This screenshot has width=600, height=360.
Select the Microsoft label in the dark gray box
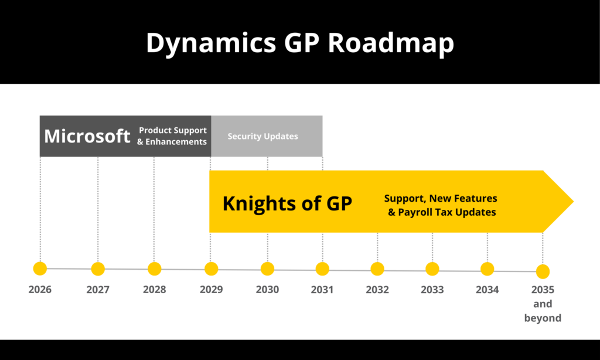point(87,136)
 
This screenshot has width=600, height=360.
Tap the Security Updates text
point(262,136)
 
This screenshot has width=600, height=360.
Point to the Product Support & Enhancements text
point(172,136)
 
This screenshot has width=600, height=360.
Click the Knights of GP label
point(287,203)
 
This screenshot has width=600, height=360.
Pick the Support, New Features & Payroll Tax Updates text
point(441,205)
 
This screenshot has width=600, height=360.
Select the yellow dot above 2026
point(40,269)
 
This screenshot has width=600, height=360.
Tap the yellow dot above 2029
point(211,269)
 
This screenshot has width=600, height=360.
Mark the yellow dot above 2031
point(322,269)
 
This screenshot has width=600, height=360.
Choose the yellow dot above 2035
point(543,271)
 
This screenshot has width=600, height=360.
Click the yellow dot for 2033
point(432,269)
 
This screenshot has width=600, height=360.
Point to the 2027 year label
point(98,290)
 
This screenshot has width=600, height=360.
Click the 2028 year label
point(154,290)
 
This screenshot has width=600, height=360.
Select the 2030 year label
point(267,290)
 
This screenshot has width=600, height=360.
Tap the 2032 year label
point(377,290)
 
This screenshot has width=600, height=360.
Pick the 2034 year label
point(487,290)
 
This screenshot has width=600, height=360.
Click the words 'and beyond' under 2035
point(543,311)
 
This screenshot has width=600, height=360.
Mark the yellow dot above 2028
point(154,269)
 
